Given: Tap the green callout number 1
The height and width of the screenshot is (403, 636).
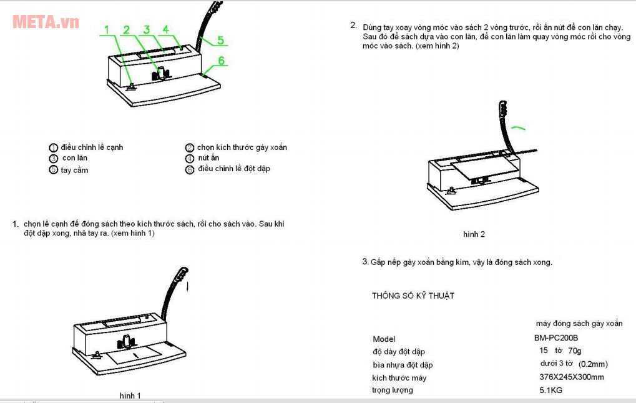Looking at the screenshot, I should click(107, 29).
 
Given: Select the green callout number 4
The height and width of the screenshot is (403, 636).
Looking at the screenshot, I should click(166, 29).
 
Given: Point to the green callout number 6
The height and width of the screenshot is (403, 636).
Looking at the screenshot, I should click(220, 61).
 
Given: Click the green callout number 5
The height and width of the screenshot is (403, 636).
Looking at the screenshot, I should click(220, 41).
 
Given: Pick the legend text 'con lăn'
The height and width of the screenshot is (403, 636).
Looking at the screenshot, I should click(74, 158).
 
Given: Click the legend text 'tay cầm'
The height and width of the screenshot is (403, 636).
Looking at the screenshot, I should click(74, 170).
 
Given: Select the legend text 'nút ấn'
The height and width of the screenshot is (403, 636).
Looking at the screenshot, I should click(208, 158).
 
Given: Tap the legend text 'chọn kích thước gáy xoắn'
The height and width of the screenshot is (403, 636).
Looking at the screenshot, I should click(242, 147).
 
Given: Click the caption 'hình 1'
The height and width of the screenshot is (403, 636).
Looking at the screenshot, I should click(130, 396).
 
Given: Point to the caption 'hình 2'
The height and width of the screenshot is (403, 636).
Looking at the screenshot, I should click(474, 234).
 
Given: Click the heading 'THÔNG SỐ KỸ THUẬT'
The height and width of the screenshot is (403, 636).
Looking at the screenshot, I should click(413, 296).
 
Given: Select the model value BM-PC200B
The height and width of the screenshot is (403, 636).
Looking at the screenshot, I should click(552, 338).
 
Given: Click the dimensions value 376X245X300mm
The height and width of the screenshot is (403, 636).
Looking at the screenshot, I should click(571, 377).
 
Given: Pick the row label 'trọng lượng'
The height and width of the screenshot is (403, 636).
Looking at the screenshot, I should click(393, 390).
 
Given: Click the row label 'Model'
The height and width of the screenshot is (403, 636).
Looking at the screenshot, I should click(384, 339).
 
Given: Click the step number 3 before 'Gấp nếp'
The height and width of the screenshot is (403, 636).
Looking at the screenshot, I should click(365, 262).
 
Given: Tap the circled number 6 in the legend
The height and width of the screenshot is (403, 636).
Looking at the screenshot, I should click(190, 169).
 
